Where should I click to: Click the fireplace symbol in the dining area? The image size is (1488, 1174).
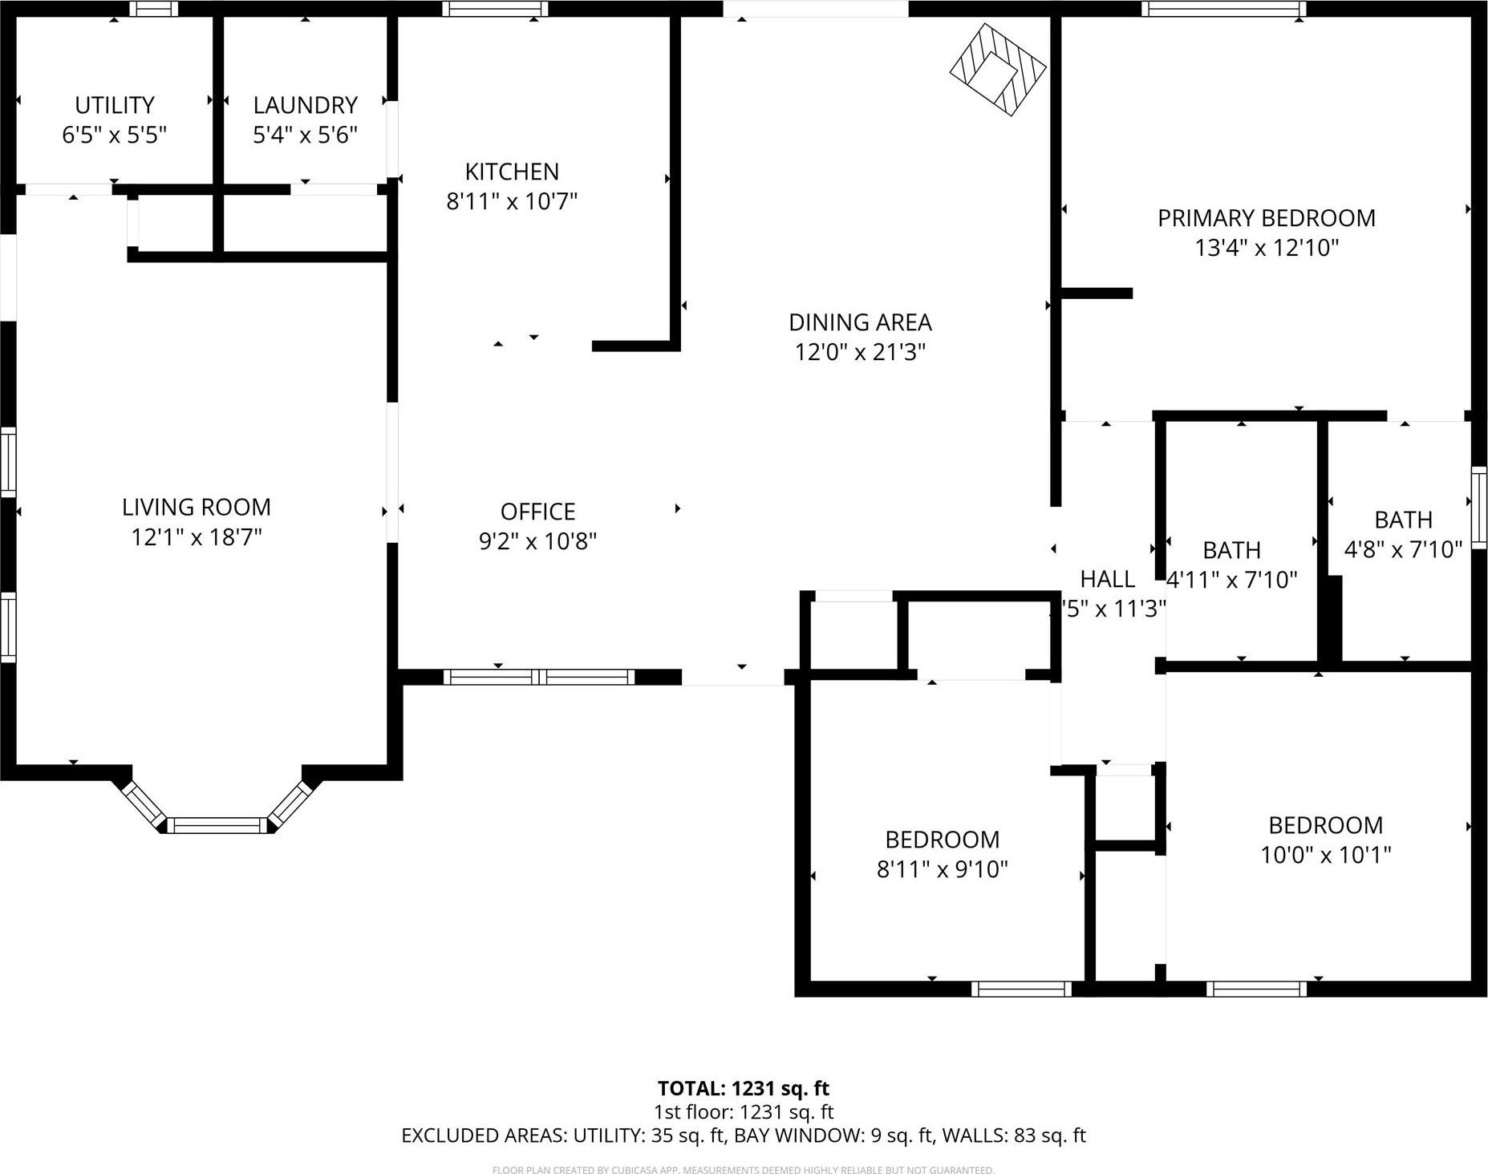click(998, 70)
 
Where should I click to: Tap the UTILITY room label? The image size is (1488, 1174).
click(115, 105)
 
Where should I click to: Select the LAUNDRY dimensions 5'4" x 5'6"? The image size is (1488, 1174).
click(305, 135)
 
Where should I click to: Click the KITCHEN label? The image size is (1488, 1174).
click(512, 172)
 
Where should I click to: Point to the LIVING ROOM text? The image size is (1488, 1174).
click(197, 507)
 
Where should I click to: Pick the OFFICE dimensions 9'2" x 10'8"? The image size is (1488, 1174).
click(537, 541)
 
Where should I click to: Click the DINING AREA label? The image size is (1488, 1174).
click(860, 322)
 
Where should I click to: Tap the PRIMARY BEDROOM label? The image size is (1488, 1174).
click(1266, 218)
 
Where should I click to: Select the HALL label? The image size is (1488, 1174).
click(1107, 579)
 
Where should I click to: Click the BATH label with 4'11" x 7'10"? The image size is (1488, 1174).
click(1231, 550)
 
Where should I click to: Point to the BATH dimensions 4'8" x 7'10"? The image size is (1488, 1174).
click(1403, 549)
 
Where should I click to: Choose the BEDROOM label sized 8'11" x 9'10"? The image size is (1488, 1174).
click(942, 840)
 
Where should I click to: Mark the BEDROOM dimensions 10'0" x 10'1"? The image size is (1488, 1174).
click(1325, 855)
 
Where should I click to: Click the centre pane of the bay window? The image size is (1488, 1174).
click(217, 825)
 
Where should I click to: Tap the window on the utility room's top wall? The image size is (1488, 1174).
click(154, 9)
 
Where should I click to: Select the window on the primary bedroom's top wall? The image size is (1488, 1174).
click(1222, 9)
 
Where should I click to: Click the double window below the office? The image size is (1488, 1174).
click(538, 677)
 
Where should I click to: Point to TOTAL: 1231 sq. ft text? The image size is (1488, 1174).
click(743, 1088)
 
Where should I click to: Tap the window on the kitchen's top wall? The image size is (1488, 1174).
click(494, 9)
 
